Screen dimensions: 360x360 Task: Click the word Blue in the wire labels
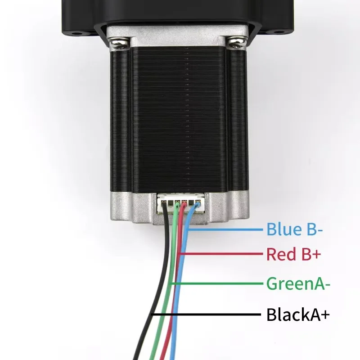(x=284, y=229)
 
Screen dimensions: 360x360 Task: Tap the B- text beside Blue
(x=315, y=229)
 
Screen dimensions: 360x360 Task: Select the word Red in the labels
(x=281, y=254)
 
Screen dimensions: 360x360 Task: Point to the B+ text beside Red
(x=311, y=254)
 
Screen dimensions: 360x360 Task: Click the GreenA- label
(x=298, y=283)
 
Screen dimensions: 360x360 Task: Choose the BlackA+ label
(x=298, y=314)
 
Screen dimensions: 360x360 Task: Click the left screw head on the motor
(x=119, y=44)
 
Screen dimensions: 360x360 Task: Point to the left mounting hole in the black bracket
(x=76, y=33)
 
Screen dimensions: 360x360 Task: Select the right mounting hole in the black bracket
(x=279, y=32)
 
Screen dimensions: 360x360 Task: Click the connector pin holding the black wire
(x=164, y=203)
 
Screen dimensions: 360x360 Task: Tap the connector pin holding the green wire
(x=177, y=203)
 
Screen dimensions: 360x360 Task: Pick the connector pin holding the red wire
(x=184, y=203)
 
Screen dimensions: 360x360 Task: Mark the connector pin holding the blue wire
(x=198, y=203)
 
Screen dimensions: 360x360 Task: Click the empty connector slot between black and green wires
(x=171, y=203)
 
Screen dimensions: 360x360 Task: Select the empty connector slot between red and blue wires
(x=191, y=203)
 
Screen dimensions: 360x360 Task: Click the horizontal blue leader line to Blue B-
(x=225, y=229)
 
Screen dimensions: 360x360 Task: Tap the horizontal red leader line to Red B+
(x=221, y=254)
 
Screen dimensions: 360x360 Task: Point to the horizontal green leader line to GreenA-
(x=217, y=283)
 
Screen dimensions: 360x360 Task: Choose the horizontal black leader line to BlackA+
(x=207, y=314)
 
